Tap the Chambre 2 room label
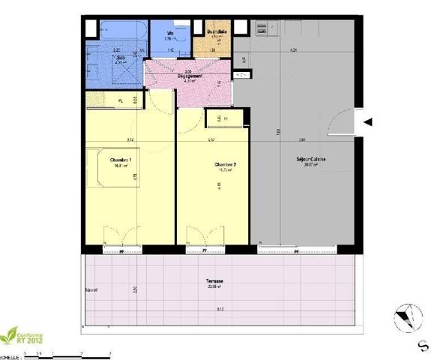point(225,165)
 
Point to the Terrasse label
point(214,282)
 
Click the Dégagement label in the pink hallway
point(188,76)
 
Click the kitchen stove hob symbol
point(261,29)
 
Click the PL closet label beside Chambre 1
point(119,100)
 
